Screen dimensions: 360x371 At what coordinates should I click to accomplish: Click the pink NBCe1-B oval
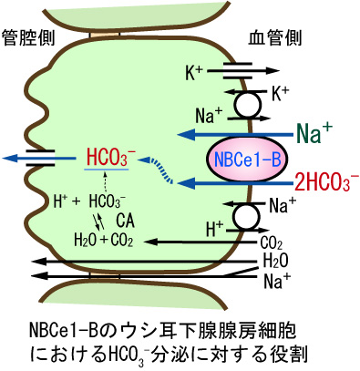tap(247, 160)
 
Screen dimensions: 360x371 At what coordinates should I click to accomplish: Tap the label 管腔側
tap(29, 38)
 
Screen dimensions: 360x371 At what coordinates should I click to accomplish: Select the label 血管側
tap(275, 38)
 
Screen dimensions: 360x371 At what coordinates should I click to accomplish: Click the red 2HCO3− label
tap(326, 183)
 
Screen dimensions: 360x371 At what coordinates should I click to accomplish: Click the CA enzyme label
tap(125, 221)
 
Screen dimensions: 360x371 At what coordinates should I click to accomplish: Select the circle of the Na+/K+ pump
tap(248, 104)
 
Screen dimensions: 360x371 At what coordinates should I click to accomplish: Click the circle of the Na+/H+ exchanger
tap(247, 217)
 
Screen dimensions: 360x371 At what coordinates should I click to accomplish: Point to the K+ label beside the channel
tap(194, 72)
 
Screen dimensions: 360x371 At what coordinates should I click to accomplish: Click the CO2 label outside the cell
tap(272, 243)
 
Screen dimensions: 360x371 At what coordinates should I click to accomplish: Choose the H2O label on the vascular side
tap(275, 261)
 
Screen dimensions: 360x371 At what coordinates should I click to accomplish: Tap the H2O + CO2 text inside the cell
tap(104, 240)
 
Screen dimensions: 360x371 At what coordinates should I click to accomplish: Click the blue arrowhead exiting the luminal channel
tap(9, 158)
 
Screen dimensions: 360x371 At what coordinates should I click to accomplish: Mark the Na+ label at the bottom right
tap(277, 281)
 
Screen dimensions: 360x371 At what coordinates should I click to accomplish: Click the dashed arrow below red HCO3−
tap(105, 183)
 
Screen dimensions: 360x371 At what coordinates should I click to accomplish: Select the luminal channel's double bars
tap(40, 158)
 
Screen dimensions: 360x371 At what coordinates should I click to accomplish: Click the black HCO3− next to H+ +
tap(108, 201)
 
